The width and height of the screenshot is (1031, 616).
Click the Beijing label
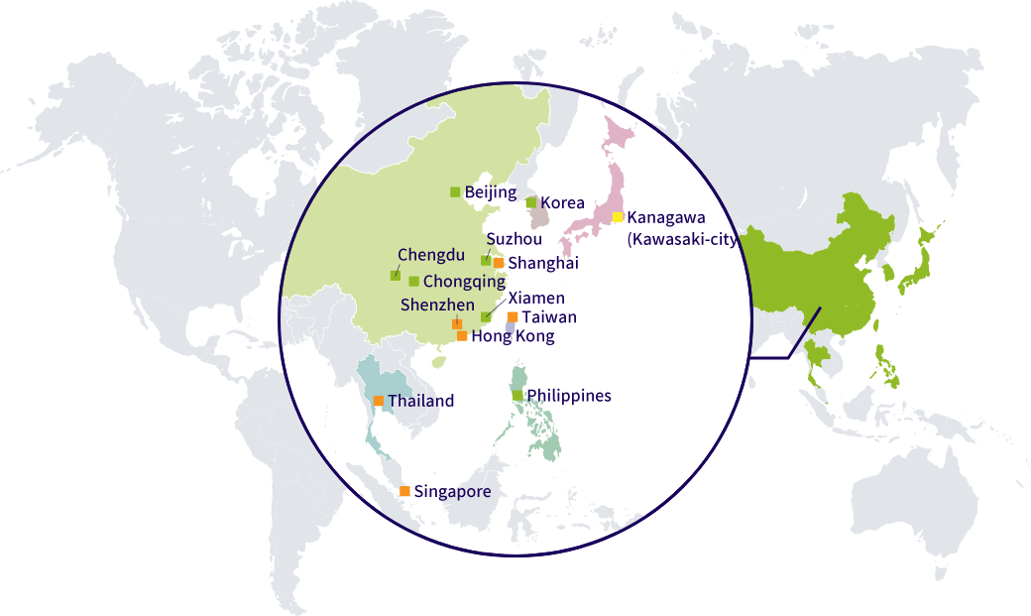click(x=491, y=192)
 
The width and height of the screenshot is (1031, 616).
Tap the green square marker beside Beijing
click(x=455, y=192)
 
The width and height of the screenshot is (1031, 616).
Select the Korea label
click(x=562, y=202)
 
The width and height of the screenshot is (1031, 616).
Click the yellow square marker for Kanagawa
click(x=617, y=216)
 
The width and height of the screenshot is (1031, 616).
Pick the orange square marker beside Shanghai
click(x=499, y=263)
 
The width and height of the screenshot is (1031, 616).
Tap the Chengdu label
click(x=431, y=255)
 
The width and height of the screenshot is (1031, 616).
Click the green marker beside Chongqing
click(x=413, y=282)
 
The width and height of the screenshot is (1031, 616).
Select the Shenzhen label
click(x=437, y=305)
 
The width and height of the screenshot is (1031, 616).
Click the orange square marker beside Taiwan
click(x=512, y=317)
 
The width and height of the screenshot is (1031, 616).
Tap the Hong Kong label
click(x=513, y=336)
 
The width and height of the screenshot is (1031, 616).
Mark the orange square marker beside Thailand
click(x=379, y=401)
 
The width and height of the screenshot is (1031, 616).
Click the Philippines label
click(x=569, y=396)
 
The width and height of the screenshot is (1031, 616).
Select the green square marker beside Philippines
click(x=517, y=396)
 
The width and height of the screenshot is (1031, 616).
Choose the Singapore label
click(x=452, y=491)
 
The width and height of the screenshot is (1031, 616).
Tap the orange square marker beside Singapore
click(x=404, y=491)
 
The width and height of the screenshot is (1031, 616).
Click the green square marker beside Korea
click(x=531, y=202)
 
